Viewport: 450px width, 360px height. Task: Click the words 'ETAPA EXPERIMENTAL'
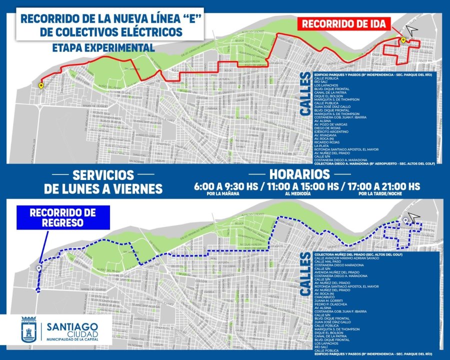103,47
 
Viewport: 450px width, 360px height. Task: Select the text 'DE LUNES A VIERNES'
103,188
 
